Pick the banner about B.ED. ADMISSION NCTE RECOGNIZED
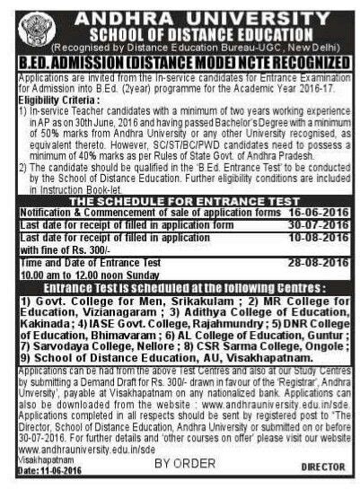[179, 55]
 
